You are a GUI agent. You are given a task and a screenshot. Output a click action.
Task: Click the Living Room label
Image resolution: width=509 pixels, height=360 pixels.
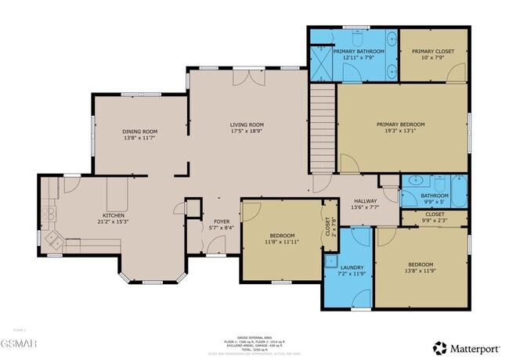[x=246, y=124]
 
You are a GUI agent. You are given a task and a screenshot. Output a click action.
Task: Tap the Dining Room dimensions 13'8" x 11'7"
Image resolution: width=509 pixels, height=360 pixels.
[x=139, y=139]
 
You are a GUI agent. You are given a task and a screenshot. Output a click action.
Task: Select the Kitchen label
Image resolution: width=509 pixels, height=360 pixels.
[x=114, y=215]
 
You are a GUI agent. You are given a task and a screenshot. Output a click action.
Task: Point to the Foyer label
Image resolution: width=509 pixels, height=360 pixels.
[x=222, y=221]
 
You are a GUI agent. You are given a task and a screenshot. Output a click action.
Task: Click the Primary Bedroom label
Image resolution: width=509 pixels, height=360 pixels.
[x=400, y=124]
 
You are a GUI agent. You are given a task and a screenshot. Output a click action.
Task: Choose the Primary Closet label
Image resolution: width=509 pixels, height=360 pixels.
[x=433, y=51]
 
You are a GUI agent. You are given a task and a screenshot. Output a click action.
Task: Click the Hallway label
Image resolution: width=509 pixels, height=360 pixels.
[x=366, y=200]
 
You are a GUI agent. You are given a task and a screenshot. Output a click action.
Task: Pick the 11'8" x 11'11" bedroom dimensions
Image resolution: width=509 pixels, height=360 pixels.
[x=282, y=243]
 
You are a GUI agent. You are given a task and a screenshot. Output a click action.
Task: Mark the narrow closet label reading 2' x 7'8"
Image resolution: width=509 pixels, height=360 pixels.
[x=328, y=226]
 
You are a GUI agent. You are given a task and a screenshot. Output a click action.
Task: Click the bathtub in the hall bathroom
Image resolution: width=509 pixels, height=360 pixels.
[x=458, y=190]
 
